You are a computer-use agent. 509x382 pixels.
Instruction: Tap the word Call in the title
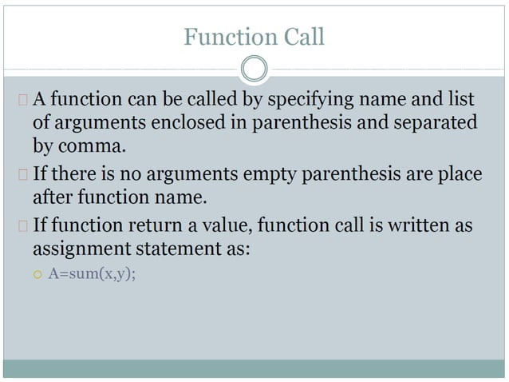[302, 37]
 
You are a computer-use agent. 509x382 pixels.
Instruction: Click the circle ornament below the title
[254, 69]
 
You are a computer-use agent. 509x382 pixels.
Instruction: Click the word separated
[438, 123]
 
